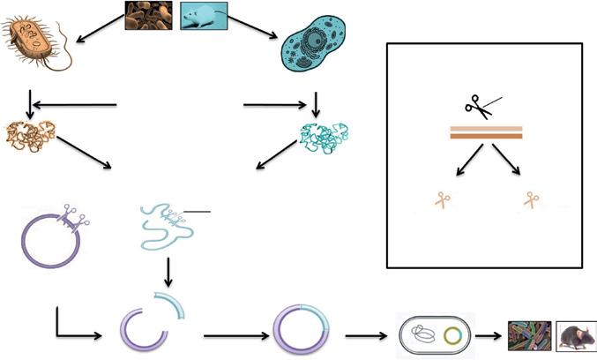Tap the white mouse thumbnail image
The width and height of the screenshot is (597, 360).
204,16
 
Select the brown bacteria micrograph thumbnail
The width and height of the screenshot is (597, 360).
147,16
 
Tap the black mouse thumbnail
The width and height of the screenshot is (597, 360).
577,336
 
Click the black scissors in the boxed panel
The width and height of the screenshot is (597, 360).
481,106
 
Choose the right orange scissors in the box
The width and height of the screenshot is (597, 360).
529,199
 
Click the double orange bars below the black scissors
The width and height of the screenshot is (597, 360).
486,133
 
